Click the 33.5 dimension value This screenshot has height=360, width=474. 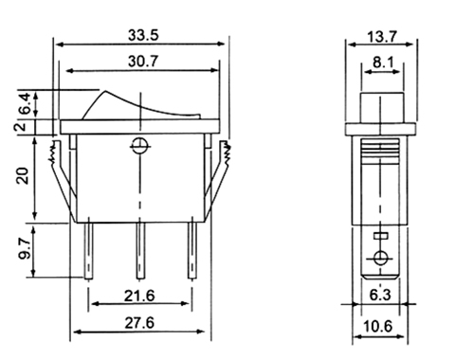143,35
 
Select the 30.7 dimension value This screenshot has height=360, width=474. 143,61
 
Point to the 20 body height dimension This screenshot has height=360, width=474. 23,176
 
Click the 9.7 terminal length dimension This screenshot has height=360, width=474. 24,249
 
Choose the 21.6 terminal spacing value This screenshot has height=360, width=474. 139,296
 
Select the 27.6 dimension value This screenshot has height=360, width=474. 139,323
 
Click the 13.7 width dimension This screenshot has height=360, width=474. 382,37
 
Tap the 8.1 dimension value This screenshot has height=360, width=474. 383,63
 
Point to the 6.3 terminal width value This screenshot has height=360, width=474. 380,295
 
